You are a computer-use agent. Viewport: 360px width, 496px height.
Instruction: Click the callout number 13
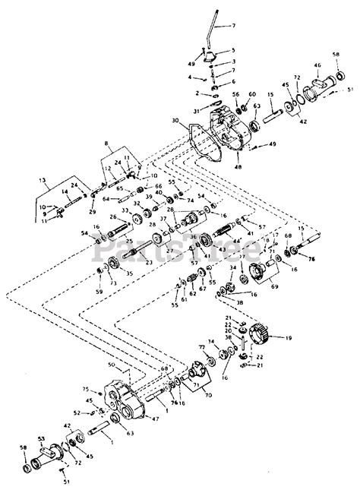pyautogui.click(x=30, y=181)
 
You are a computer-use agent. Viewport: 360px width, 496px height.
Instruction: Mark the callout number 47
pyautogui.click(x=155, y=419)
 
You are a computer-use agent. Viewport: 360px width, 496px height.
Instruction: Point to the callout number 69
pyautogui.click(x=274, y=288)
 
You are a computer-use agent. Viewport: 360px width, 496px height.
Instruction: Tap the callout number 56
pyautogui.click(x=236, y=94)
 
